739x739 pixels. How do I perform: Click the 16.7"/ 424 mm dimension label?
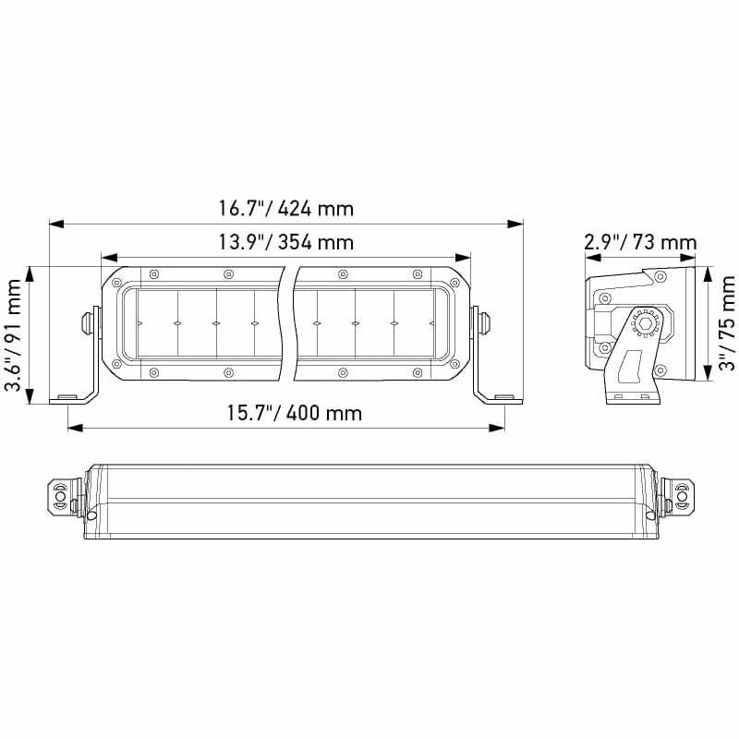pos(285,208)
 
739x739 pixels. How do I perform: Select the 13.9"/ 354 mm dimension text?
pos(285,243)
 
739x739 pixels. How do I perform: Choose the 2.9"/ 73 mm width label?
pos(640,243)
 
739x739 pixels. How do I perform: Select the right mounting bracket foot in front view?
pos(498,398)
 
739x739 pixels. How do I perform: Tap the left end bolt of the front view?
pos(85,321)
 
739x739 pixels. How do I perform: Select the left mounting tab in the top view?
pos(61,496)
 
